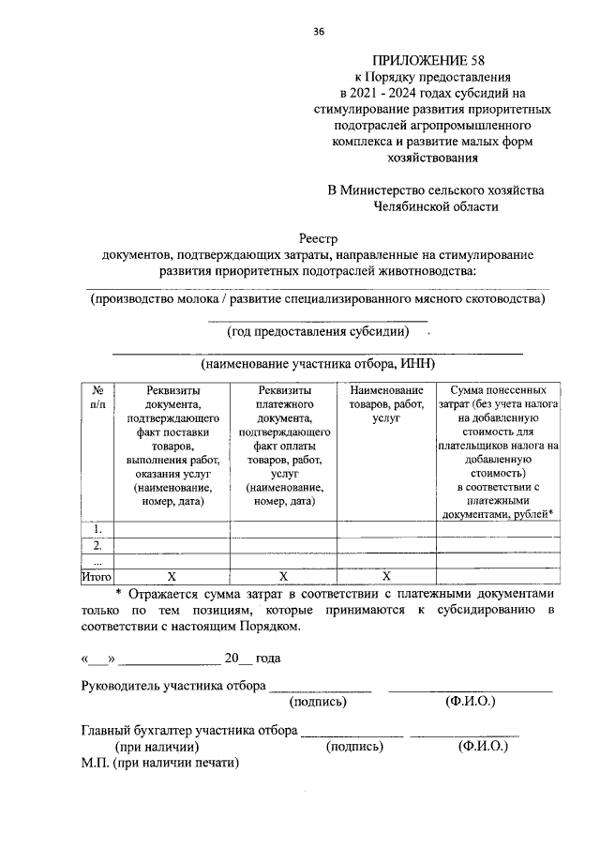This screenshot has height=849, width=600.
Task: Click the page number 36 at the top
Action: click(x=319, y=32)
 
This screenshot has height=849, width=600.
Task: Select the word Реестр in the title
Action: click(x=318, y=238)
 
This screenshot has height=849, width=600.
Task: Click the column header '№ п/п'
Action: click(x=97, y=397)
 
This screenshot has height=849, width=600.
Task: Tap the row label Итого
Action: click(x=97, y=575)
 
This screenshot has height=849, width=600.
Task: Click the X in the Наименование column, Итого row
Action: click(x=385, y=575)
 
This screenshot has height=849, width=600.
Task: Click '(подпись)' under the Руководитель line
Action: click(x=319, y=701)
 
